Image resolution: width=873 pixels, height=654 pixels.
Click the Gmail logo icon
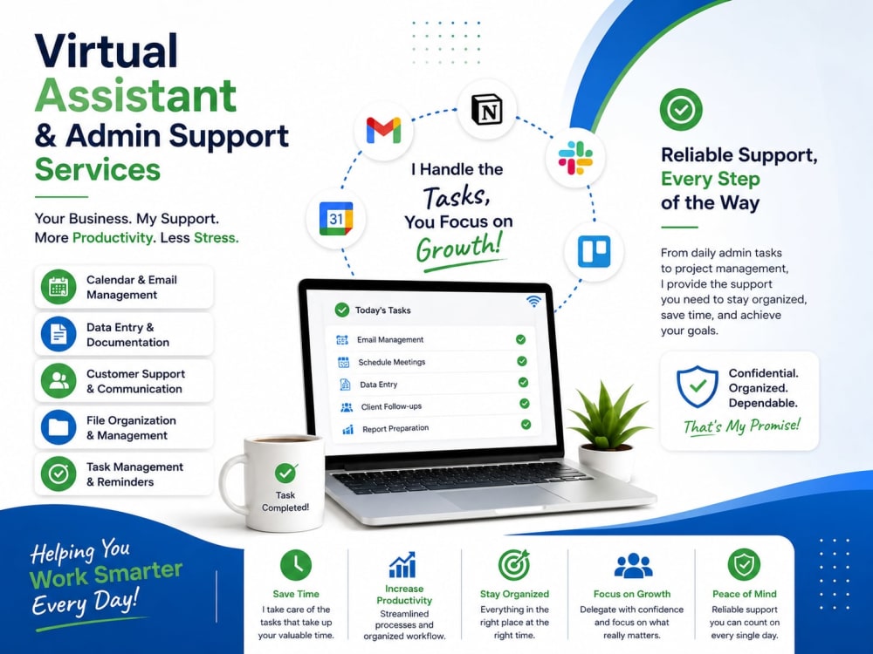pos(383,130)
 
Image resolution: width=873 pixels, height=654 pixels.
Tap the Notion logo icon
pos(486,110)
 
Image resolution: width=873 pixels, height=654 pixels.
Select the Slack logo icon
pos(575,158)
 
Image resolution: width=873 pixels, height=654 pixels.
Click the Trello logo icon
pos(594,251)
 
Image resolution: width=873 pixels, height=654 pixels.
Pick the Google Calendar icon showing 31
pos(336,219)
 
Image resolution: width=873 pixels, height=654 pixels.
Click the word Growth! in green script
pos(459,248)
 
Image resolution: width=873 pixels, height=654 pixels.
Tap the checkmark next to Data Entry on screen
pos(523,383)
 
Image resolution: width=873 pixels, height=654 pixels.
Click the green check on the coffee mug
pos(285,473)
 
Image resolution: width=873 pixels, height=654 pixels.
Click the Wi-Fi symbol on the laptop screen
pos(533,301)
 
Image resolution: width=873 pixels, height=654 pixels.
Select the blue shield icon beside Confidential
pos(697,386)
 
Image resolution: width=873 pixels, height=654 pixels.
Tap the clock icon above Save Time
pos(296,565)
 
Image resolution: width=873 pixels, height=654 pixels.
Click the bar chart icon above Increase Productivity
pos(402,564)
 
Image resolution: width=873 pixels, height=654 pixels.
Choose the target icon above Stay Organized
pos(514,565)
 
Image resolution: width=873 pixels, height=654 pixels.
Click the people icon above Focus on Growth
pos(633,566)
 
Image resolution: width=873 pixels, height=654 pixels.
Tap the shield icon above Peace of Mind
pos(744,565)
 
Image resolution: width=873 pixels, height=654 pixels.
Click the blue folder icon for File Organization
pos(58,427)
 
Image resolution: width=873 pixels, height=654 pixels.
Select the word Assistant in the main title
pos(136,95)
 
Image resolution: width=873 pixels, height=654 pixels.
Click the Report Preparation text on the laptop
pos(395,429)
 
